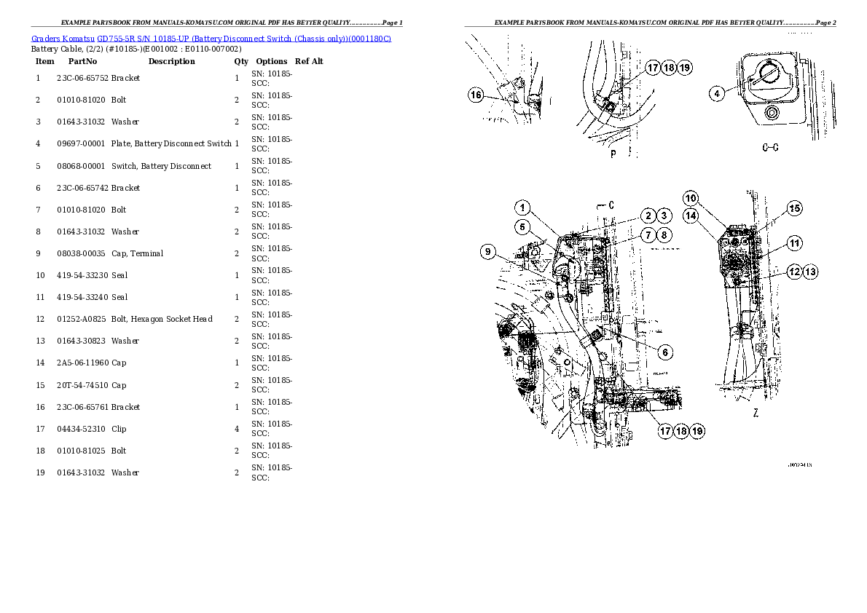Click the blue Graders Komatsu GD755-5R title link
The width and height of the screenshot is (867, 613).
point(211,39)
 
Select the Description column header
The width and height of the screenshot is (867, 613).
point(171,61)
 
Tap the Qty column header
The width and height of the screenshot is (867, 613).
point(240,61)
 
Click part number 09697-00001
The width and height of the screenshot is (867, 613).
point(81,143)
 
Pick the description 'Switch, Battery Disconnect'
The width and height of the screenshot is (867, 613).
point(161,166)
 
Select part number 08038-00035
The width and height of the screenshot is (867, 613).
point(81,253)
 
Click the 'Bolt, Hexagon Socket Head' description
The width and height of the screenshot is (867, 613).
point(162,319)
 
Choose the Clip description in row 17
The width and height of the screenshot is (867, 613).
point(119,429)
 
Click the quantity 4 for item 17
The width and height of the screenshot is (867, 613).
point(237,429)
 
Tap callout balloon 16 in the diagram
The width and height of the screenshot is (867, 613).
point(476,95)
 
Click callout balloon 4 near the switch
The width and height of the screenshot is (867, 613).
point(718,93)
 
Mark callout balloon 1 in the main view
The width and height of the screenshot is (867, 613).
point(524,207)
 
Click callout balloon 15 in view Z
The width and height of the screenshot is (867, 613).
point(794,208)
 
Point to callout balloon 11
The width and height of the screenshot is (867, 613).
point(794,242)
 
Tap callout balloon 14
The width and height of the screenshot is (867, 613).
point(691,215)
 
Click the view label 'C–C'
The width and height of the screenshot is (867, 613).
point(770,148)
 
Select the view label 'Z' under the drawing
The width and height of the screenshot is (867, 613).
point(756,413)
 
